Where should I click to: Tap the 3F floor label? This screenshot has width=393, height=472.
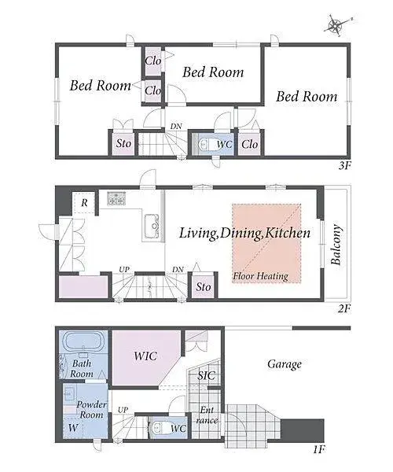(x=344, y=165)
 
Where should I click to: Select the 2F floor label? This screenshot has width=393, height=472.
(x=344, y=308)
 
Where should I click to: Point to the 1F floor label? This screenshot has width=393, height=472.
(x=319, y=449)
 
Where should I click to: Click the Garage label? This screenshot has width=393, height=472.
(x=285, y=364)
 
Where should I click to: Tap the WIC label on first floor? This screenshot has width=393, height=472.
(x=145, y=356)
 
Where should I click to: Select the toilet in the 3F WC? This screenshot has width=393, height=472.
(x=206, y=144)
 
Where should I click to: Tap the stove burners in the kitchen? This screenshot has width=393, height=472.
(x=116, y=199)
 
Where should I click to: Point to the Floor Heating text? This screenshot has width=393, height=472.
(x=261, y=276)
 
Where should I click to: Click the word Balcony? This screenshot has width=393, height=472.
(x=336, y=245)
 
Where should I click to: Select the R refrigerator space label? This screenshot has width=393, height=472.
(x=84, y=203)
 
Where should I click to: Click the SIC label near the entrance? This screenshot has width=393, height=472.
(x=206, y=375)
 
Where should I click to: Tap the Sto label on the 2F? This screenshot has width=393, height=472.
(x=204, y=286)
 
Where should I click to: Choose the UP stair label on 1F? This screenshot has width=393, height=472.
(x=123, y=410)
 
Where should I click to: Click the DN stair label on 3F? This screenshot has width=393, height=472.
(x=176, y=126)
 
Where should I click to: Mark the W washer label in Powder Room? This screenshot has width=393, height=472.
(x=73, y=427)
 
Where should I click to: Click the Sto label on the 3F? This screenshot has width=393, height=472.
(x=123, y=143)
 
